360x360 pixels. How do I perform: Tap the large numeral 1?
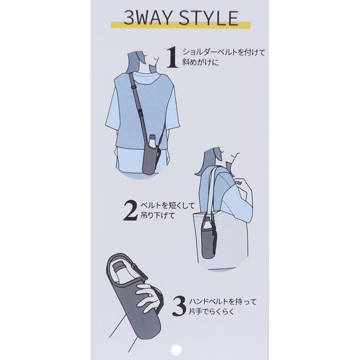coord(172,58)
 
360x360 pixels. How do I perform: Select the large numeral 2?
coord(130,211)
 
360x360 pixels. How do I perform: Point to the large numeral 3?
coord(179,306)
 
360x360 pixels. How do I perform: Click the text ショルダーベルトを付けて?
coord(224,53)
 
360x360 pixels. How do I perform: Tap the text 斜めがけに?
coord(200,62)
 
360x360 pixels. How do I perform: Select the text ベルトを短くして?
coord(168,205)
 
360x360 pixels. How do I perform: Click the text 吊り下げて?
coord(158,216)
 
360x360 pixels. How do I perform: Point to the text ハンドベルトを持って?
coord(222,302)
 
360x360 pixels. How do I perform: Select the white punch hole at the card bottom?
coord(176,350)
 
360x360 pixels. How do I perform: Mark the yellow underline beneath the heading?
coord(180,25)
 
